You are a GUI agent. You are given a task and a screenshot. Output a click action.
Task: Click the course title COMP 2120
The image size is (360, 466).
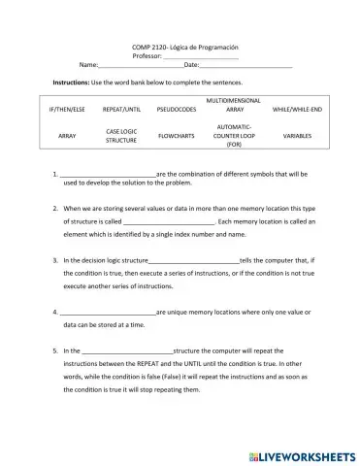(184, 47)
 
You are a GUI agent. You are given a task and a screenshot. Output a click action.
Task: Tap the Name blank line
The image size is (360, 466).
(141, 66)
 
